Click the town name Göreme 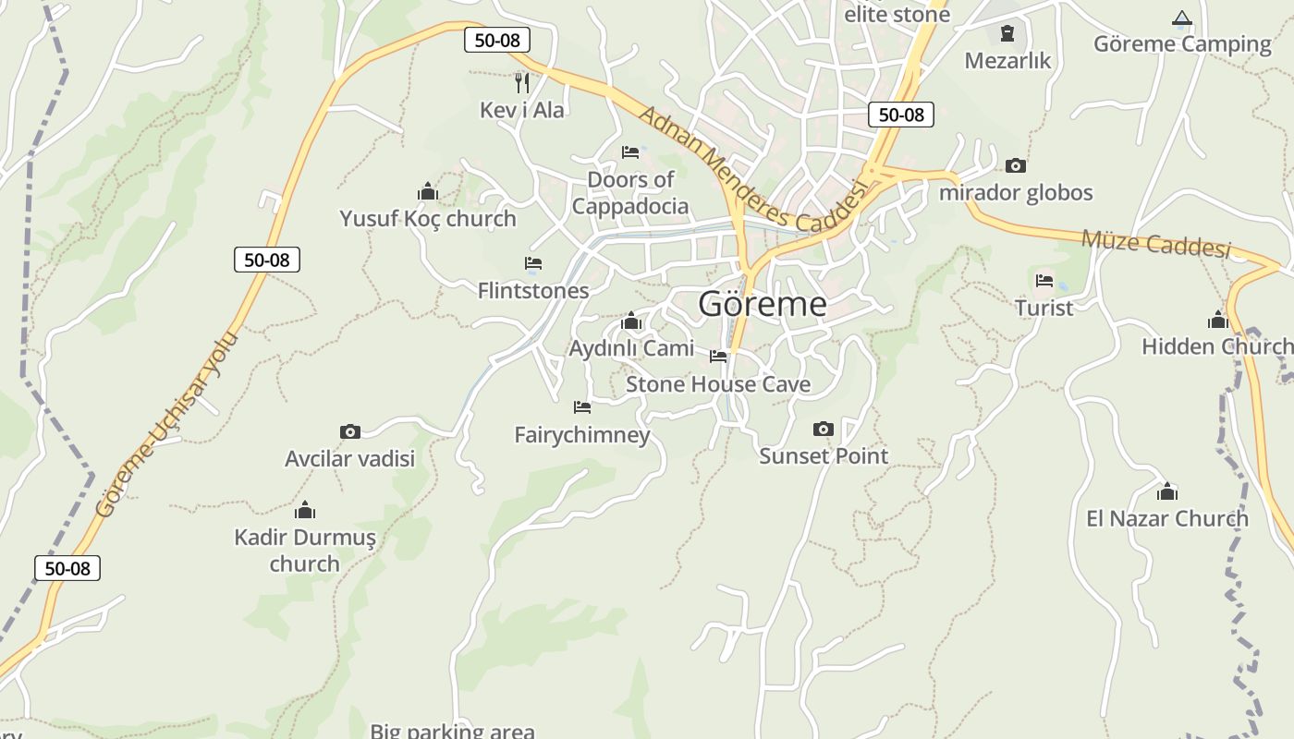pyautogui.click(x=762, y=304)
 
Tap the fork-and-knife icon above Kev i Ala pyautogui.click(x=522, y=82)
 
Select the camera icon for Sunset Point pyautogui.click(x=823, y=429)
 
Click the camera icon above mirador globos pyautogui.click(x=1016, y=166)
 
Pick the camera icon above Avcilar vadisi pyautogui.click(x=349, y=431)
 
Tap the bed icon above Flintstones pyautogui.click(x=533, y=263)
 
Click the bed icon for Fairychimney pyautogui.click(x=582, y=406)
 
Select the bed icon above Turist pyautogui.click(x=1044, y=280)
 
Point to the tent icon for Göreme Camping pyautogui.click(x=1181, y=18)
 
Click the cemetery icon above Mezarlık pyautogui.click(x=1007, y=34)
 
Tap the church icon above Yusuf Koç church pyautogui.click(x=427, y=191)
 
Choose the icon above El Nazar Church pyautogui.click(x=1167, y=491)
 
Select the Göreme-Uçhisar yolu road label pyautogui.click(x=167, y=424)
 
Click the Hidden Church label pyautogui.click(x=1216, y=346)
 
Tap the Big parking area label pyautogui.click(x=452, y=731)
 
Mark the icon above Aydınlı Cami pyautogui.click(x=631, y=321)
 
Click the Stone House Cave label pyautogui.click(x=718, y=384)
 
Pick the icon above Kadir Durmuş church pyautogui.click(x=305, y=510)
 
